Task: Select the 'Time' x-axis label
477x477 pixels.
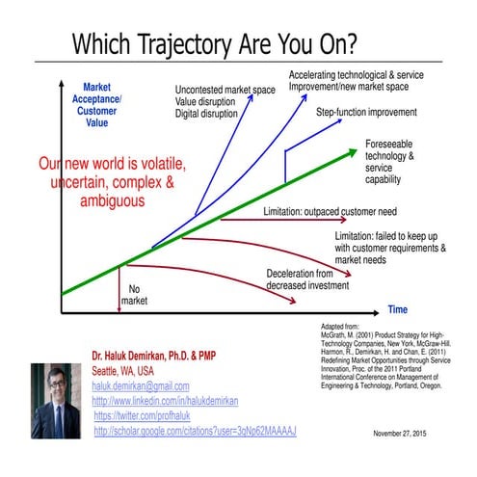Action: (x=398, y=309)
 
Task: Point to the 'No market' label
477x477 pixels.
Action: (x=134, y=295)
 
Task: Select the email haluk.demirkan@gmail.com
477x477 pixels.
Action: (x=141, y=385)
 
